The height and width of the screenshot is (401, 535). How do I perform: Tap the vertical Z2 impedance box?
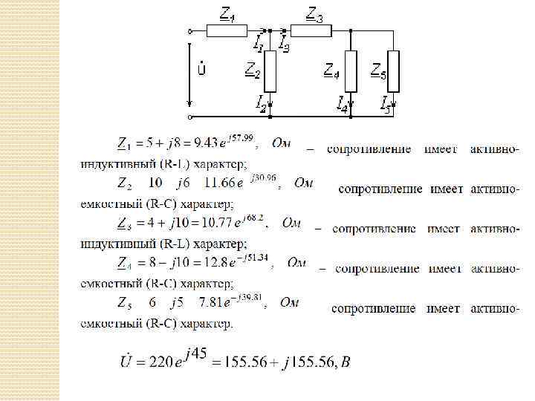click(x=270, y=71)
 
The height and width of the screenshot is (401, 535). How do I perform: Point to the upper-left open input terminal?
click(x=191, y=31)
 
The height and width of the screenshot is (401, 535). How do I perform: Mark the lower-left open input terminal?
click(x=191, y=117)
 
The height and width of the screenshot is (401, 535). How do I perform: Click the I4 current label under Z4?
click(x=343, y=103)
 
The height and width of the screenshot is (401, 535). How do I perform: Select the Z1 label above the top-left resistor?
click(x=227, y=13)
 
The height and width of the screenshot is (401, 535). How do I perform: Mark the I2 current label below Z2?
click(x=262, y=104)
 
